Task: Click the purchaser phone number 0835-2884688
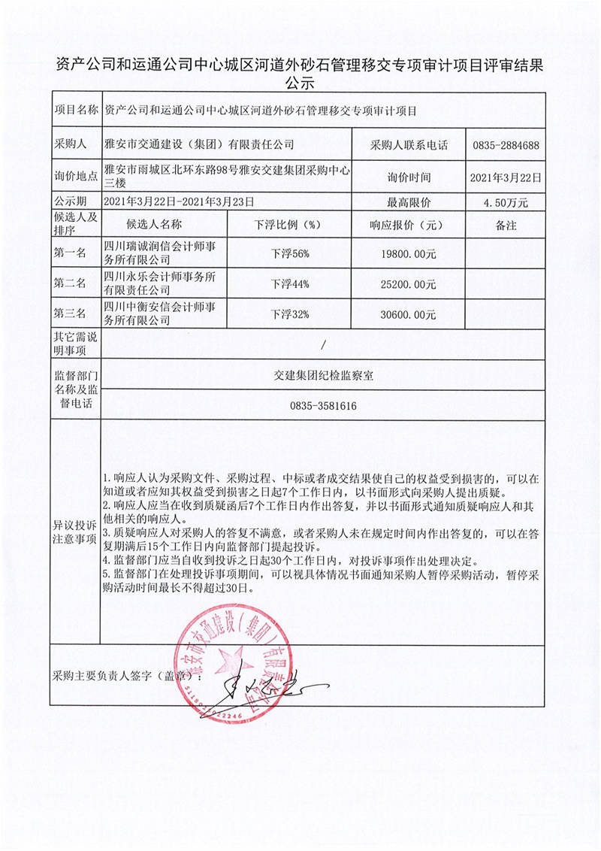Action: [505, 145]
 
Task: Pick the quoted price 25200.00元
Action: [409, 284]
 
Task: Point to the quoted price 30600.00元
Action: [409, 314]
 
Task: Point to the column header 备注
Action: [505, 224]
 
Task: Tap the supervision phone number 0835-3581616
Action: [323, 406]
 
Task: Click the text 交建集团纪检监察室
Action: [323, 377]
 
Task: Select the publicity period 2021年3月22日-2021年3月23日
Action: [178, 202]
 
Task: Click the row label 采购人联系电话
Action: [409, 145]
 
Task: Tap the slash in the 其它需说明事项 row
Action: [323, 345]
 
